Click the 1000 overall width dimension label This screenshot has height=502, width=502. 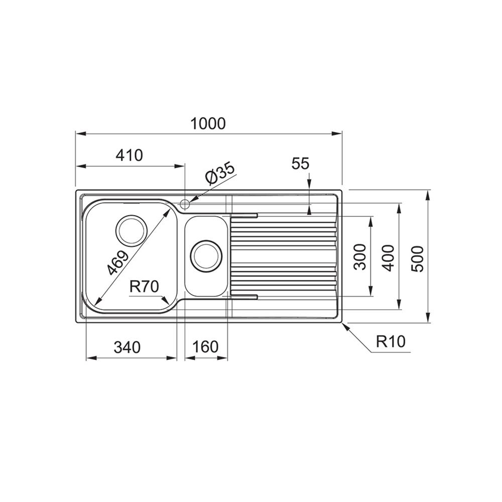pyautogui.click(x=208, y=123)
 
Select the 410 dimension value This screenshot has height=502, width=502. pyautogui.click(x=129, y=155)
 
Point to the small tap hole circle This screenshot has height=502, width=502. pyautogui.click(x=185, y=204)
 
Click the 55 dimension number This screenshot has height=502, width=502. pyautogui.click(x=300, y=163)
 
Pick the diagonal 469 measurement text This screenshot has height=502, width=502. pyautogui.click(x=117, y=263)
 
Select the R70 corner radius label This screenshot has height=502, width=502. pyautogui.click(x=144, y=287)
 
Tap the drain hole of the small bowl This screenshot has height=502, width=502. pyautogui.click(x=206, y=257)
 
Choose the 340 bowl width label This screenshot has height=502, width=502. pyautogui.click(x=127, y=347)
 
